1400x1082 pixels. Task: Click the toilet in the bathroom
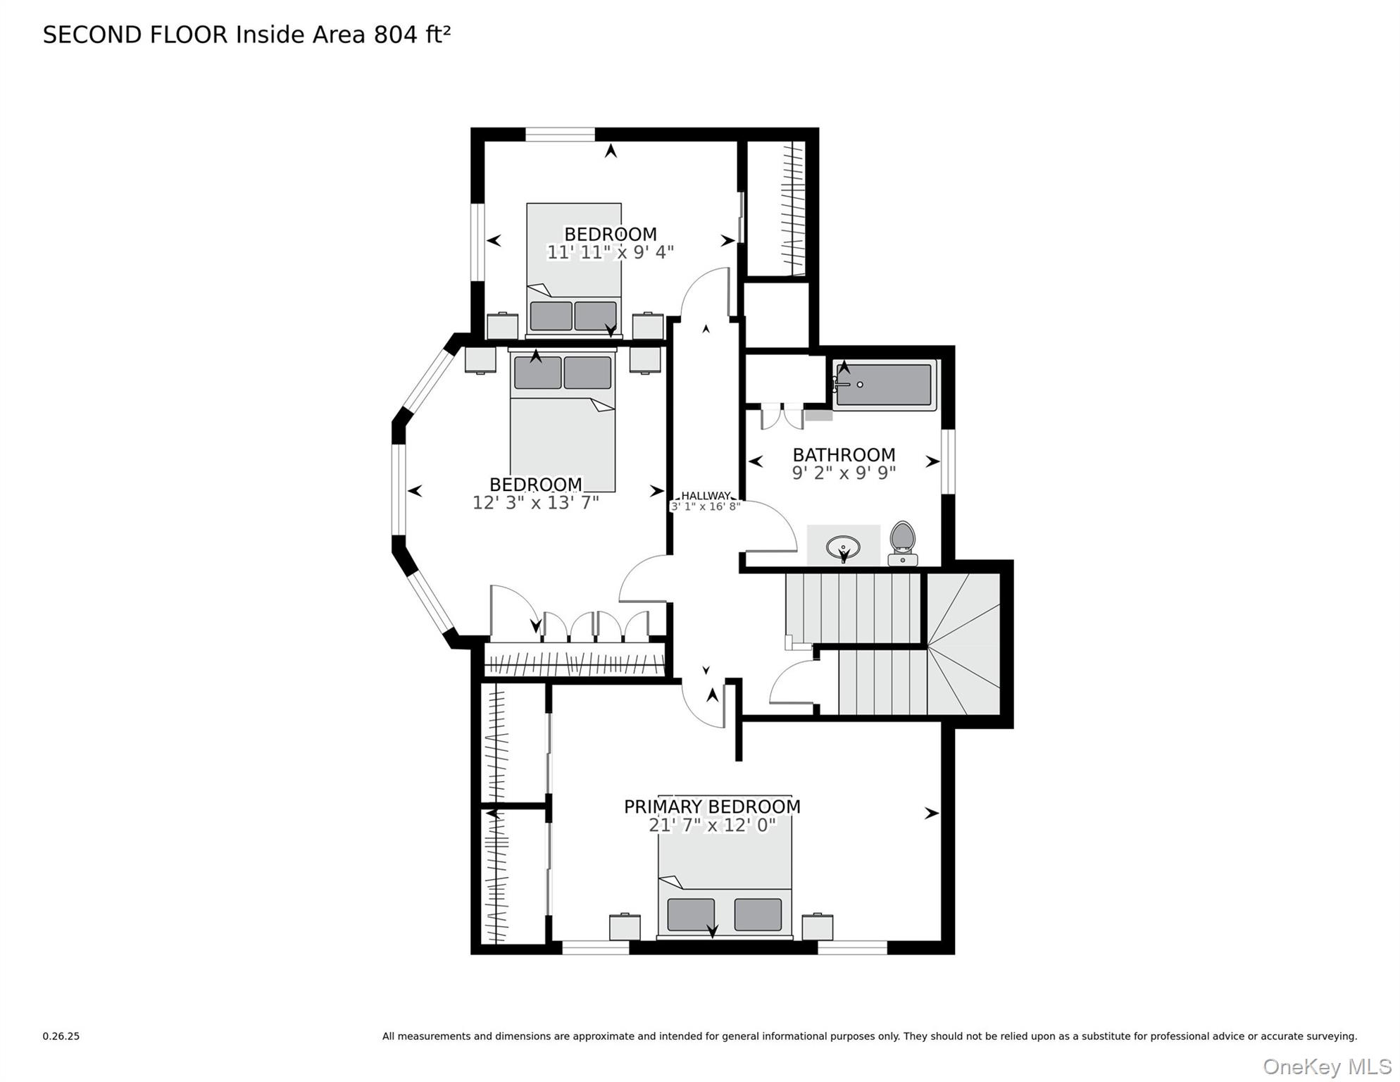coord(902,543)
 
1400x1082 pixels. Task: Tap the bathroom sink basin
coord(843,547)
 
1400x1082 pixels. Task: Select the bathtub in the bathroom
coord(885,385)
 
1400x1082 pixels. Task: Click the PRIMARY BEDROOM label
coord(712,807)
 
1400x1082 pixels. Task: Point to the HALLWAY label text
coord(705,496)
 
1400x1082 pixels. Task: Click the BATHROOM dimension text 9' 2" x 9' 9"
coord(844,473)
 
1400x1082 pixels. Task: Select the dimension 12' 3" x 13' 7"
coord(535,503)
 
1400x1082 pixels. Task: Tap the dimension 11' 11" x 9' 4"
coord(610,252)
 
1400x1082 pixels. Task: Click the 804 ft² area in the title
coord(412,35)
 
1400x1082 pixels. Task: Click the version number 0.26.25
coord(61,1036)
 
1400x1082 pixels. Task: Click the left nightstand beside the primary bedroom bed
coord(625,927)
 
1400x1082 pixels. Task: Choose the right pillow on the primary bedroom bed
coord(758,914)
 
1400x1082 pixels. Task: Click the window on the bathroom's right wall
coord(948,461)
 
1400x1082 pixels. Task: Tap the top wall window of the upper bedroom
coord(560,135)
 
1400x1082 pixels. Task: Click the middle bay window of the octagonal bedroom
coord(399,490)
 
